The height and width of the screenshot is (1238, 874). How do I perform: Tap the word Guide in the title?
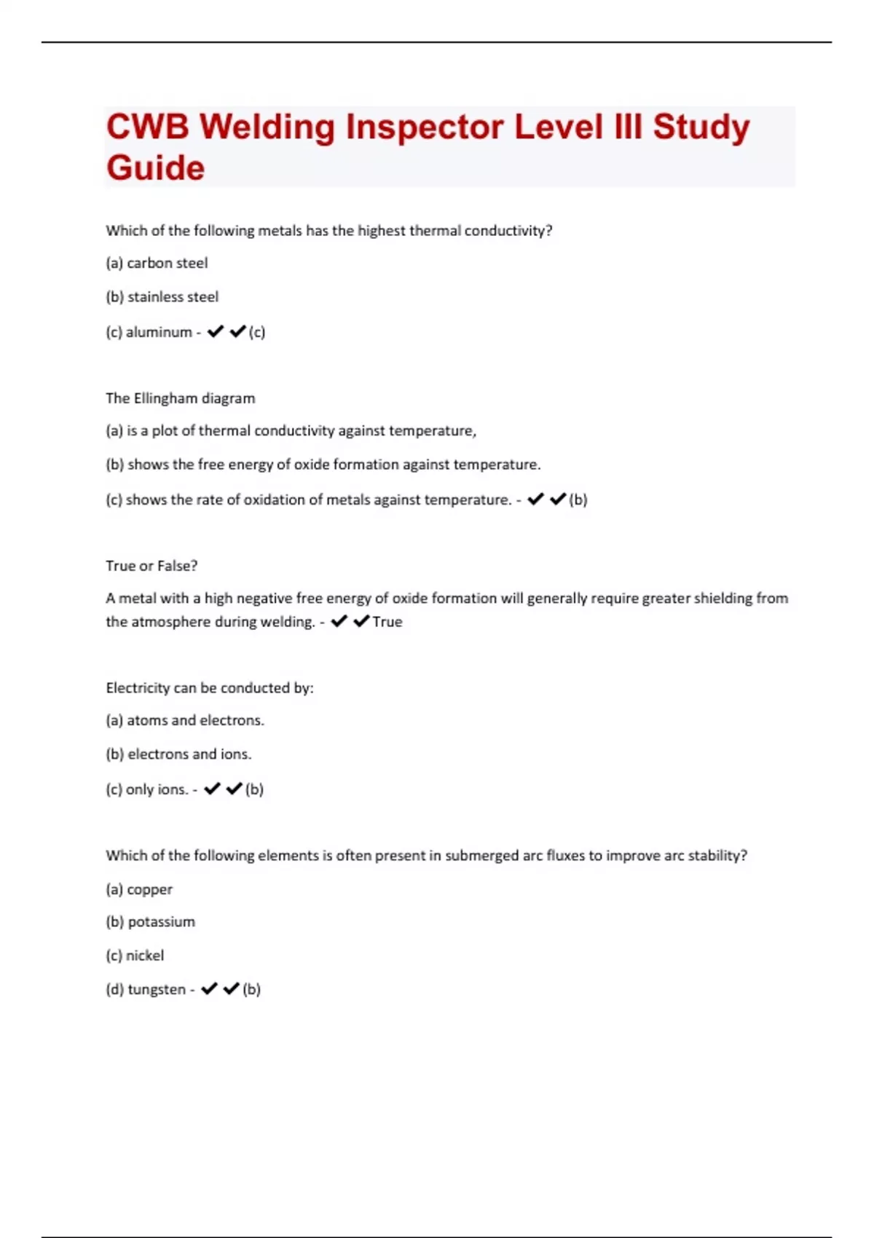pyautogui.click(x=155, y=168)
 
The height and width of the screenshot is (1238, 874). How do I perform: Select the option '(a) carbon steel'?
pyautogui.click(x=157, y=263)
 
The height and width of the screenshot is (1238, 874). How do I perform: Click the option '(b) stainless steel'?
pyautogui.click(x=162, y=297)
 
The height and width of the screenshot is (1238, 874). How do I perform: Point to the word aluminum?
pyautogui.click(x=159, y=332)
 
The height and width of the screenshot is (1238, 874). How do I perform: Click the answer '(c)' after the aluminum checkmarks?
pyautogui.click(x=257, y=332)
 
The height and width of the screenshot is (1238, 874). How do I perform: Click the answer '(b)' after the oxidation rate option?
pyautogui.click(x=578, y=500)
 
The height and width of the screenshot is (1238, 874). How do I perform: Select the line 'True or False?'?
pyautogui.click(x=151, y=566)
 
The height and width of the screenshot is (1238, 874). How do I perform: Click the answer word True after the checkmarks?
pyautogui.click(x=387, y=622)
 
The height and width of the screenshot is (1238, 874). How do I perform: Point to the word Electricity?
pyautogui.click(x=138, y=688)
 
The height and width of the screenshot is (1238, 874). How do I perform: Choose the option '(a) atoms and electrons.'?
pyautogui.click(x=185, y=720)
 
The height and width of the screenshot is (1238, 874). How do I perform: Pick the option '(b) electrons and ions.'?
pyautogui.click(x=178, y=754)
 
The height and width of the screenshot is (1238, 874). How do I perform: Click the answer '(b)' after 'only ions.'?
pyautogui.click(x=254, y=789)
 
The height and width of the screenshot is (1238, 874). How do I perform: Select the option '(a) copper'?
pyautogui.click(x=139, y=889)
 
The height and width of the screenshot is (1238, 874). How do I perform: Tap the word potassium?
pyautogui.click(x=161, y=922)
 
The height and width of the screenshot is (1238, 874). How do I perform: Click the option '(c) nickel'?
pyautogui.click(x=135, y=955)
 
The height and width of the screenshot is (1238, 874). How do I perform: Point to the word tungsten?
pyautogui.click(x=157, y=990)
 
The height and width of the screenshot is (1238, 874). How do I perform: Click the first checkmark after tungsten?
pyautogui.click(x=209, y=989)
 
